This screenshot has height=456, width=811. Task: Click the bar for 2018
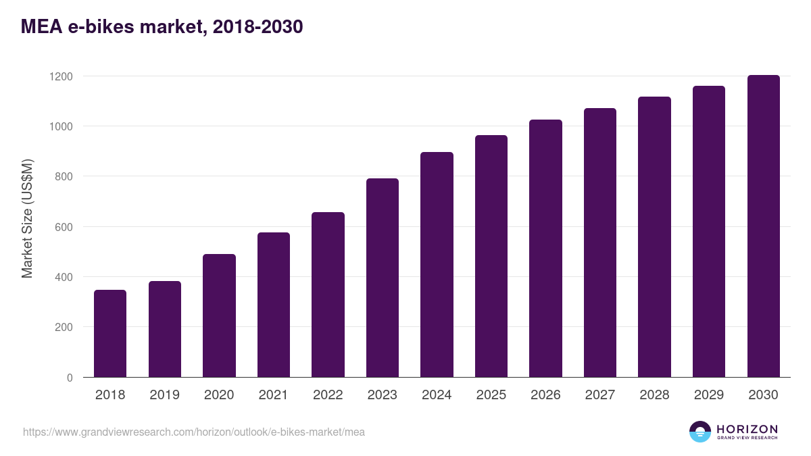[110, 334]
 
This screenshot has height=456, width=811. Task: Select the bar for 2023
[383, 278]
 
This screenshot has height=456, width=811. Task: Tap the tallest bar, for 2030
[763, 226]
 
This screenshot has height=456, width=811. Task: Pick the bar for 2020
[219, 315]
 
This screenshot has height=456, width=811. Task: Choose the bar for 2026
[545, 249]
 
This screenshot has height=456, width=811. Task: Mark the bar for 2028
[654, 237]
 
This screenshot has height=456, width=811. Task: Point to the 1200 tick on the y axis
[61, 76]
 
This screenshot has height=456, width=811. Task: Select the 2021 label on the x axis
[273, 395]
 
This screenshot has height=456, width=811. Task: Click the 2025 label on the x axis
[491, 395]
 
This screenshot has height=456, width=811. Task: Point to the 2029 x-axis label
[708, 395]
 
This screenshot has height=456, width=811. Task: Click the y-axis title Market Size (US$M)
[27, 219]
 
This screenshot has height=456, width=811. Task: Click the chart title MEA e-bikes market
[162, 27]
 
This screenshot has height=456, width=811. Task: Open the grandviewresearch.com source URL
[194, 432]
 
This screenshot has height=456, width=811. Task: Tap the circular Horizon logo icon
[699, 432]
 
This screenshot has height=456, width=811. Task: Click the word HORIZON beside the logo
[747, 429]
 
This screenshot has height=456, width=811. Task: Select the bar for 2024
[437, 265]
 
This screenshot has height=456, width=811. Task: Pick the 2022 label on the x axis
[328, 395]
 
